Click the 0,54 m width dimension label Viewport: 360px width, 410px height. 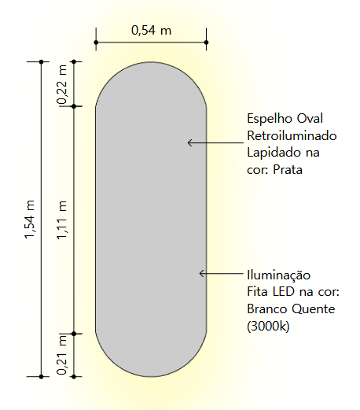[151, 31]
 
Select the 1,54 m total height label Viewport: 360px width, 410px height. [30, 220]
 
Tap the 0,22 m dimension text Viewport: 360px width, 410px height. [62, 84]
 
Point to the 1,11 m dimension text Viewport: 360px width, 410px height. [62, 220]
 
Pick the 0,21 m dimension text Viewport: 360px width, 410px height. [62, 355]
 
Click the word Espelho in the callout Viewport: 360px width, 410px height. [270, 119]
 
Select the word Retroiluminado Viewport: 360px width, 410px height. [292, 135]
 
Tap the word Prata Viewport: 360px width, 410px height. [288, 169]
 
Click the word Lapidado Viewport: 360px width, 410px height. [274, 153]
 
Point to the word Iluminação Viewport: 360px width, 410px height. [279, 275]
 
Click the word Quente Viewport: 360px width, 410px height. [314, 308]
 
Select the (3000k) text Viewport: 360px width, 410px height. [268, 326]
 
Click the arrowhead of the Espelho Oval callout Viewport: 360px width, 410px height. [189, 142]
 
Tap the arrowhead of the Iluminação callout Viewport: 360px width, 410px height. [200, 274]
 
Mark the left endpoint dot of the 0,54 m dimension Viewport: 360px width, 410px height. [96, 42]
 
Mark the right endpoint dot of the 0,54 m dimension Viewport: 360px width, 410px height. [207, 42]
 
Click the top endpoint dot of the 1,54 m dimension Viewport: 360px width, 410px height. [41, 61]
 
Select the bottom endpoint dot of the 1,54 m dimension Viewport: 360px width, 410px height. [41, 377]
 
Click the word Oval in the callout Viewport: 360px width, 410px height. [310, 118]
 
